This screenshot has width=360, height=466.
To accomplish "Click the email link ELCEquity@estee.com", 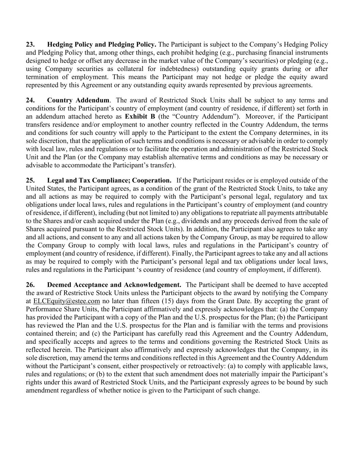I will point(67,301).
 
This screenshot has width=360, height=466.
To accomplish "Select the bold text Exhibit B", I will point(140,116).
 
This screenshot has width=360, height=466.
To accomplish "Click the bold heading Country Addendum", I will point(78,100).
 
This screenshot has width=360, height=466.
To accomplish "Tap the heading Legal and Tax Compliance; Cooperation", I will point(109,180).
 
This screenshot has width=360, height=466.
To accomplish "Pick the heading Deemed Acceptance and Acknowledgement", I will point(114,285).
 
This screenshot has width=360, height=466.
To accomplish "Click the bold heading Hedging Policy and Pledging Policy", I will point(102,44).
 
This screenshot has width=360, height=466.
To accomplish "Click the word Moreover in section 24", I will point(258,116).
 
